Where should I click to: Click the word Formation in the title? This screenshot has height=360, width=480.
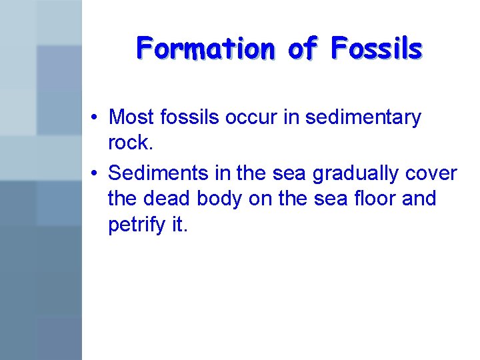[x=205, y=49]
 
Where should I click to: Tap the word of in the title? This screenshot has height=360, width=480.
[x=303, y=49]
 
